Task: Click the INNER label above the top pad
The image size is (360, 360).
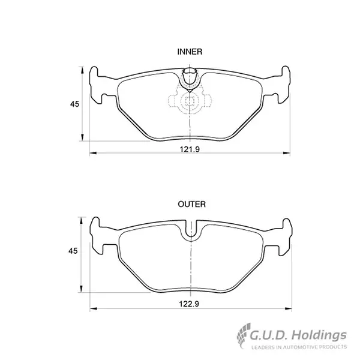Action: [190, 52]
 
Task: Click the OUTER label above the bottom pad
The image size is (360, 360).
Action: [192, 204]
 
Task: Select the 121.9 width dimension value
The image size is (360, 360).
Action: [190, 149]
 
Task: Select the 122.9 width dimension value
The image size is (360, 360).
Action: [189, 304]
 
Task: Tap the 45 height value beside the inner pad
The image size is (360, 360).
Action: [74, 104]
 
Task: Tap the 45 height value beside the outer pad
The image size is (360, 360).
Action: [73, 251]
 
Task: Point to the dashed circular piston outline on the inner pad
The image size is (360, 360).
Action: [190, 101]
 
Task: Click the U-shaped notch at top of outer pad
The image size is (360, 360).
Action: [191, 231]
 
